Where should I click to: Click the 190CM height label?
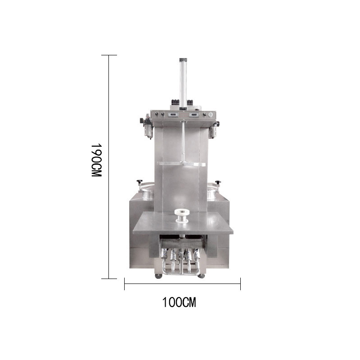click(x=96, y=161)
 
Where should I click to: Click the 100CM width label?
click(x=179, y=302)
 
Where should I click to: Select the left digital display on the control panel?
click(x=173, y=114)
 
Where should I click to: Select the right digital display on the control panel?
click(x=194, y=114)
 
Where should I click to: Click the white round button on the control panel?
click(x=211, y=114)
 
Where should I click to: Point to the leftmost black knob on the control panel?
click(x=157, y=114)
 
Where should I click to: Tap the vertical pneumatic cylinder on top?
click(x=183, y=83)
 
